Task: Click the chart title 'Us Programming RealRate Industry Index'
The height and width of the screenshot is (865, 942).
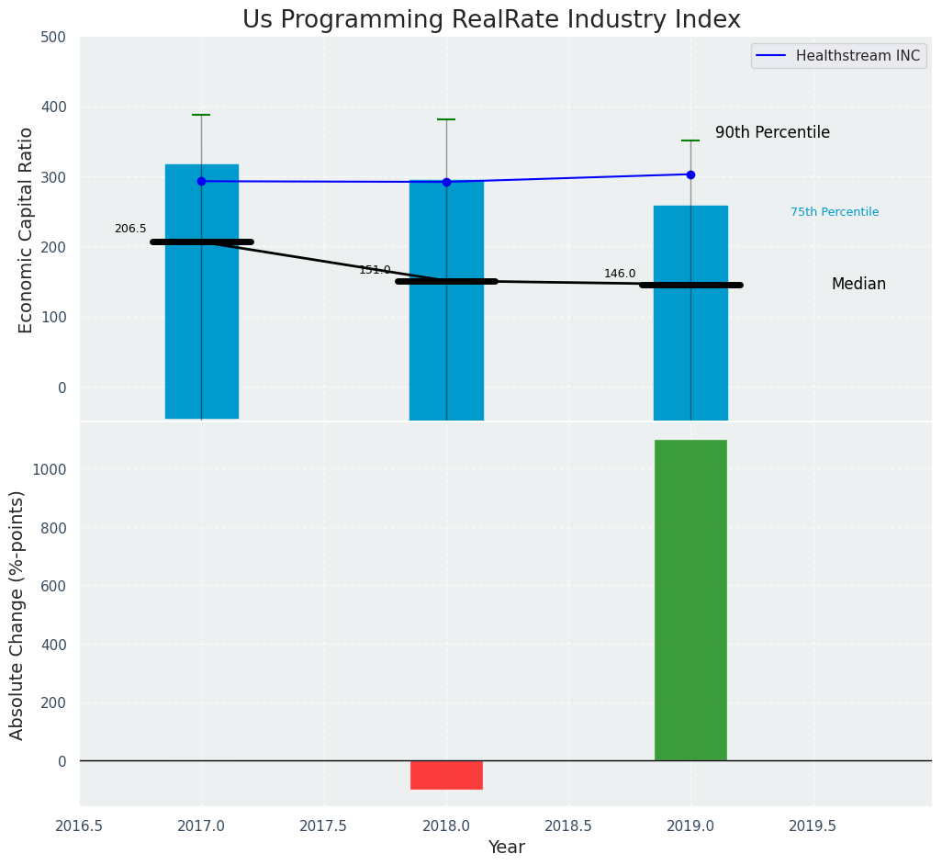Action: pyautogui.click(x=491, y=20)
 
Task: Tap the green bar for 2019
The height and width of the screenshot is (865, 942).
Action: pyautogui.click(x=690, y=600)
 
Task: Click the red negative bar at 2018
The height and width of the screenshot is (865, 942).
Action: pyautogui.click(x=446, y=774)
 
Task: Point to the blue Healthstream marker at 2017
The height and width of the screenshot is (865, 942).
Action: pyautogui.click(x=201, y=181)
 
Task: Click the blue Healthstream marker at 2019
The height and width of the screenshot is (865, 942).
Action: pyautogui.click(x=690, y=174)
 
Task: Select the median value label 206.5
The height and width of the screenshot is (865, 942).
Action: pyautogui.click(x=130, y=229)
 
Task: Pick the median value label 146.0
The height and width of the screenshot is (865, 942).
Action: pyautogui.click(x=620, y=274)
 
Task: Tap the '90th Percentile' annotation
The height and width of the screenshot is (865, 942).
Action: pyautogui.click(x=772, y=132)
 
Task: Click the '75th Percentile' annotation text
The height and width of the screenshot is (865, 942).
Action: pyautogui.click(x=835, y=212)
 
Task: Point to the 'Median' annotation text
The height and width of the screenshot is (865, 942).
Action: pyautogui.click(x=858, y=284)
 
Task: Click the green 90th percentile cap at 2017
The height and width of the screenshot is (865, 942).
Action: pyautogui.click(x=201, y=115)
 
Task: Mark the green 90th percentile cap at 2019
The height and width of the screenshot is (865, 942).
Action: pyautogui.click(x=690, y=140)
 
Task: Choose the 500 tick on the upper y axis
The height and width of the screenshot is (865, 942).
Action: pyautogui.click(x=53, y=37)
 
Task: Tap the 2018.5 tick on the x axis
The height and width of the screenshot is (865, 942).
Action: pyautogui.click(x=568, y=826)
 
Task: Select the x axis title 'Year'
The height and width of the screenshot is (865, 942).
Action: pyautogui.click(x=506, y=848)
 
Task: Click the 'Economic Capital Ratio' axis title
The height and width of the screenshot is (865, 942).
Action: pyautogui.click(x=26, y=230)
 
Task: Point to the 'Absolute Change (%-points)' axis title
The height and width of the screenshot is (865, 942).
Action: pyautogui.click(x=17, y=614)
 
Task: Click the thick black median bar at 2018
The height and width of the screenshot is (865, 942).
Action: pyautogui.click(x=446, y=281)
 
